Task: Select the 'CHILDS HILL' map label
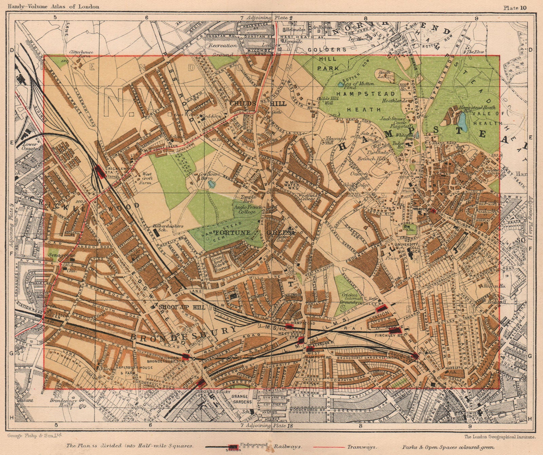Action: tap(258, 103)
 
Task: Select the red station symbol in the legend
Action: tap(233, 448)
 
